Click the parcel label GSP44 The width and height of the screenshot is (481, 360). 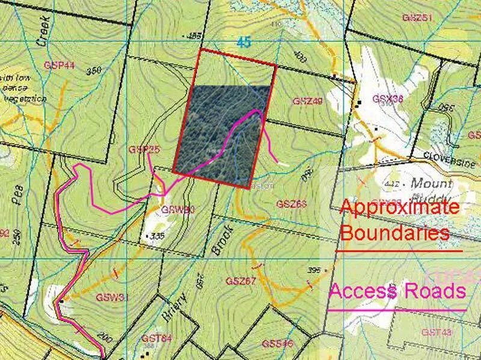(x=58, y=64)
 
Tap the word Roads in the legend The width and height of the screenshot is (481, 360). (x=437, y=291)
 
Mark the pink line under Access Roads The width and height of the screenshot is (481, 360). (x=397, y=310)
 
